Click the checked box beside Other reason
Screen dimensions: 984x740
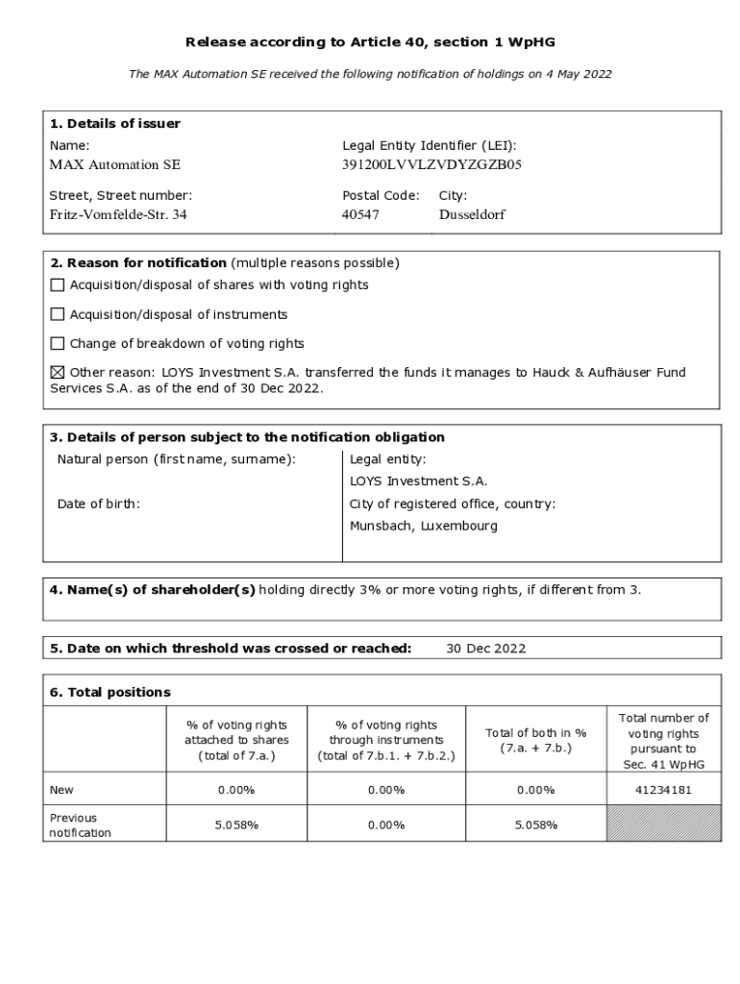(58, 372)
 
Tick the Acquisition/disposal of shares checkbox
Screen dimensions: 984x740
(58, 285)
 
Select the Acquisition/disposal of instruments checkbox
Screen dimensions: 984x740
(58, 314)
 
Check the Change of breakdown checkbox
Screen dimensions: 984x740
(58, 343)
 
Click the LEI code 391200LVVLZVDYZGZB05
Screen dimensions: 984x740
(432, 164)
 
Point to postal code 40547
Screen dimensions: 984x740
(360, 214)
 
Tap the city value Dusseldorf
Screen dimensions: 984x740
(471, 214)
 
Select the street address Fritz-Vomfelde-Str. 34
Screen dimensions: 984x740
(118, 214)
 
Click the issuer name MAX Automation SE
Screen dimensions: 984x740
(114, 164)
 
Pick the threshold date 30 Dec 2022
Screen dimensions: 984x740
(485, 649)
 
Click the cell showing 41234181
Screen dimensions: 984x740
(663, 790)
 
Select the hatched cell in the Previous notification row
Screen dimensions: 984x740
(663, 824)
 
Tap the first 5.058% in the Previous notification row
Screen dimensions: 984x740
(236, 824)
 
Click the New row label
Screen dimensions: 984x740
(62, 790)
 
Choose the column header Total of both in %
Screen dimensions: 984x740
(535, 740)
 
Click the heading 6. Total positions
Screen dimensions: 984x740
(111, 692)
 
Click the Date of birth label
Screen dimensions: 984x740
(98, 504)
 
